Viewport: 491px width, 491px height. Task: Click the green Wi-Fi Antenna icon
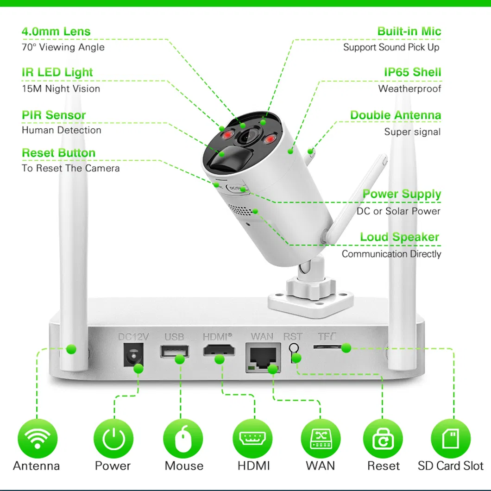click(x=38, y=437)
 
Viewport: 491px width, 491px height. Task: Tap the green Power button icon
click(x=113, y=437)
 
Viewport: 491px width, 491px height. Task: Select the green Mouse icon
click(x=183, y=437)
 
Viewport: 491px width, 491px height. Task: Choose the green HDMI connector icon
click(x=252, y=437)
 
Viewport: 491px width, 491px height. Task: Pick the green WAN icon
click(x=321, y=437)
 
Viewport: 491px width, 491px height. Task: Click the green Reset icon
click(x=383, y=437)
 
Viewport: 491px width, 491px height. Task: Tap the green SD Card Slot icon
click(x=450, y=437)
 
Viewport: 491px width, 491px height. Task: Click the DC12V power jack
click(x=132, y=356)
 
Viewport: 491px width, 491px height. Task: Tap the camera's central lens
click(x=247, y=137)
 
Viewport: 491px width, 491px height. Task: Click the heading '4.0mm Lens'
click(x=56, y=32)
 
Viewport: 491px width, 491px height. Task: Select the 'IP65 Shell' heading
click(x=412, y=72)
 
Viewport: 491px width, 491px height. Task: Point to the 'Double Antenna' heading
click(x=396, y=115)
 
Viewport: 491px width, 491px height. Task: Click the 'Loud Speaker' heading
click(x=399, y=237)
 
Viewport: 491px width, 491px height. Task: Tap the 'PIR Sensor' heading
click(x=54, y=115)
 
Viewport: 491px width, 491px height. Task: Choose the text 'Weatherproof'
click(x=409, y=88)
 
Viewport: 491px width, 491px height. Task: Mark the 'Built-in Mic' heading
click(x=409, y=31)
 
